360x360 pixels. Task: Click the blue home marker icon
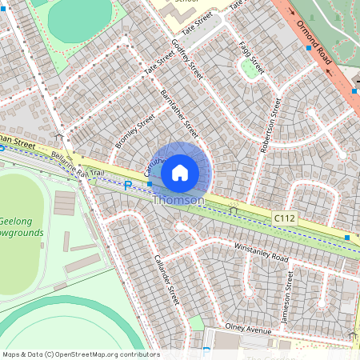click(x=180, y=172)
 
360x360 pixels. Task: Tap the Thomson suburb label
click(x=178, y=200)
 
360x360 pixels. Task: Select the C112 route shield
click(x=284, y=217)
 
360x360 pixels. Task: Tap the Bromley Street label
click(x=134, y=130)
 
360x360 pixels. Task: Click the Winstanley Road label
click(x=261, y=254)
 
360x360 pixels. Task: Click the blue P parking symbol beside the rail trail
click(x=127, y=186)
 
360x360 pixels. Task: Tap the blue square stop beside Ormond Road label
click(x=308, y=48)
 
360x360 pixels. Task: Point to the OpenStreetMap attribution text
click(x=80, y=354)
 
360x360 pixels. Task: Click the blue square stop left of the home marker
click(x=149, y=184)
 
